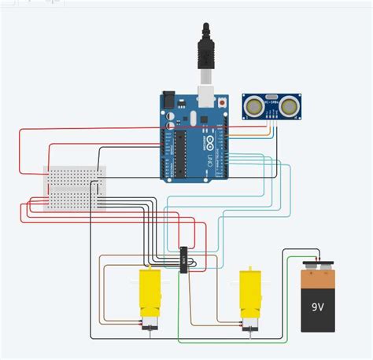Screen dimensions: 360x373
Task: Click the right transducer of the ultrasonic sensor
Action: point(290,104)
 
